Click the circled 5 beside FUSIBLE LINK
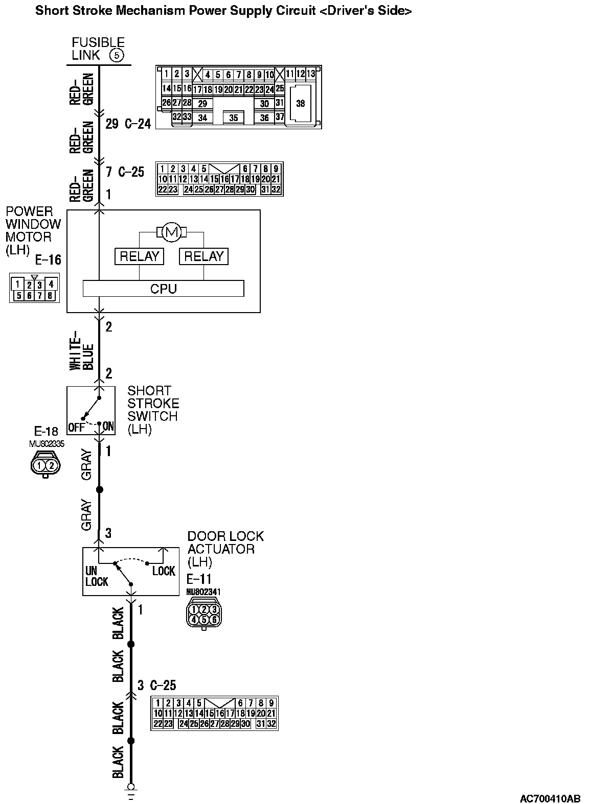click(x=117, y=56)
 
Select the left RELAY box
click(x=139, y=256)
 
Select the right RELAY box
click(x=203, y=256)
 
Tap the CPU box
click(x=163, y=289)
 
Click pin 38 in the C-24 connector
click(x=300, y=103)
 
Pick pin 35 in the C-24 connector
click(x=233, y=118)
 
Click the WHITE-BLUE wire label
click(x=81, y=350)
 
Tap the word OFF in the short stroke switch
click(x=76, y=427)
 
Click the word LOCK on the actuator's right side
click(x=164, y=571)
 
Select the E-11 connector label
click(x=198, y=579)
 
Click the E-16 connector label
click(x=48, y=261)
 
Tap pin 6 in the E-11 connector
click(x=214, y=620)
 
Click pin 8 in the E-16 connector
click(x=50, y=295)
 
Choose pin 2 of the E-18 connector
click(x=51, y=465)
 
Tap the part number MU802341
click(x=203, y=592)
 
